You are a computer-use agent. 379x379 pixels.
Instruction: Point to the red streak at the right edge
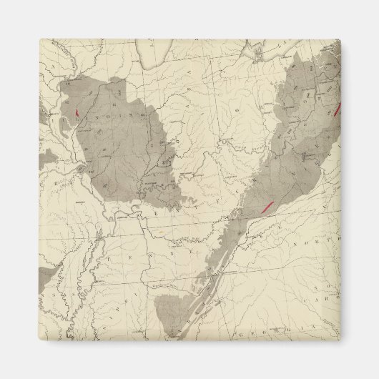coord(336,112)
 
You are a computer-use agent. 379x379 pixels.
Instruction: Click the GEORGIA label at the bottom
coord(267,334)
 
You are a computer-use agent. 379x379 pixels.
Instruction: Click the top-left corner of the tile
coord(39,39)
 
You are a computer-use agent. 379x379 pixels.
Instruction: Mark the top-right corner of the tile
coord(341,39)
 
